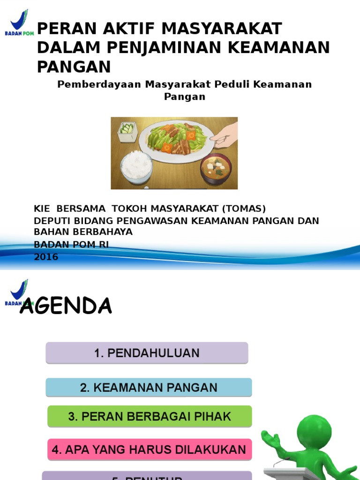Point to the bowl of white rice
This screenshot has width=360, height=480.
(136, 166)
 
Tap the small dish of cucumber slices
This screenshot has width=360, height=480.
(127, 130)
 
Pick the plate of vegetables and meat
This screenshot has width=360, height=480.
(176, 139)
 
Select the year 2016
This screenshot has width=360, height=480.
(46, 257)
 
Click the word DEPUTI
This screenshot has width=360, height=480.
(51, 221)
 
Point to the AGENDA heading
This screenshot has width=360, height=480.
(66, 306)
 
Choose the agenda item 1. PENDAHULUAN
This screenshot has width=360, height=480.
(147, 353)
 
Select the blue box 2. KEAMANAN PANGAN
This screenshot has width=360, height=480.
(149, 388)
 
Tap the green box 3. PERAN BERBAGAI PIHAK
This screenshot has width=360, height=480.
(150, 416)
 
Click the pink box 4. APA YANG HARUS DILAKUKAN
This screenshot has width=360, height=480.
(150, 450)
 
